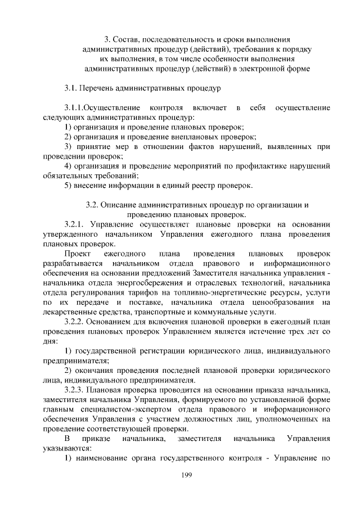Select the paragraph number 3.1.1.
coord(77,107)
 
